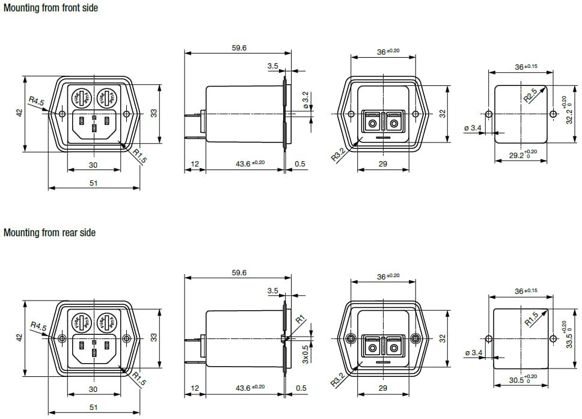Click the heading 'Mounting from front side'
point(51,8)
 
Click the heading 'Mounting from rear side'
point(49,232)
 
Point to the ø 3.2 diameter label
point(305,100)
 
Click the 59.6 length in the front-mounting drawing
point(239,47)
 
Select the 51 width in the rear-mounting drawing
point(93,407)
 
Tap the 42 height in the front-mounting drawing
point(19,113)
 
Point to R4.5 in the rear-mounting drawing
point(38,326)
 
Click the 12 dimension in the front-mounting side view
point(194,164)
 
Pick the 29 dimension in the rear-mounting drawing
point(383,388)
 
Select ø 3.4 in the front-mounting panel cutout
point(473,127)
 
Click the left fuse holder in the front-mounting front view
point(81,97)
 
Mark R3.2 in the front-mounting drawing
point(339,154)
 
